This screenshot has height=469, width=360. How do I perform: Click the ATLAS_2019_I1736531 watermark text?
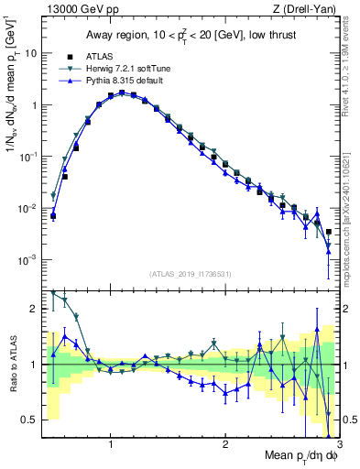pyautogui.click(x=190, y=274)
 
